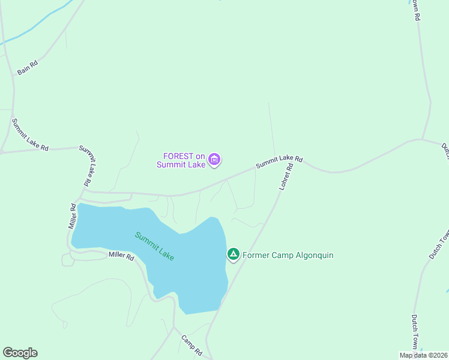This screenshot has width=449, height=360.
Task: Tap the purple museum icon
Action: click(x=214, y=160)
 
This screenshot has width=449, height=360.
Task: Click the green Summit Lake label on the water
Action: click(x=154, y=245)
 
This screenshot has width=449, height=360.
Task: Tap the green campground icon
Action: click(x=233, y=254)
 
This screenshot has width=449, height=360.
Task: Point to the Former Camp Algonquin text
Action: click(x=288, y=256)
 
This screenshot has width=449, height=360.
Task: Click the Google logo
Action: click(x=20, y=353)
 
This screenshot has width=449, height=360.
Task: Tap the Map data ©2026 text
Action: click(x=423, y=355)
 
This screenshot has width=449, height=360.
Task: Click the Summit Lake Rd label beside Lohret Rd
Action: click(x=279, y=161)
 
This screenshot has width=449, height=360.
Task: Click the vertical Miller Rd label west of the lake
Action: click(x=73, y=216)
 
